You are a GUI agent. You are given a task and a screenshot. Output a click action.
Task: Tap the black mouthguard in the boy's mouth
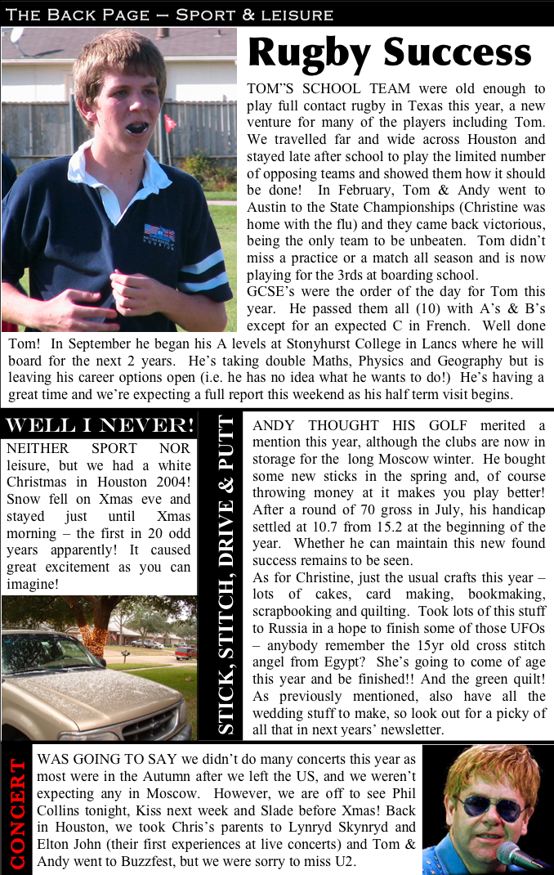coord(136,128)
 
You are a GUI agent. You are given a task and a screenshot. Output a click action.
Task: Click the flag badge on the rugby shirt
coord(159,236)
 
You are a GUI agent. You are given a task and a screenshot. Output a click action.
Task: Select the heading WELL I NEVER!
coord(100,426)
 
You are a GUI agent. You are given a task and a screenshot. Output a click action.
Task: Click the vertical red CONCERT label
coord(16,813)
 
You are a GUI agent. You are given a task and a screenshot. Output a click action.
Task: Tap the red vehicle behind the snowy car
coord(185,652)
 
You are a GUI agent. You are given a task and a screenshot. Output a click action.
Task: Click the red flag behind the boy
coord(170,123)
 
